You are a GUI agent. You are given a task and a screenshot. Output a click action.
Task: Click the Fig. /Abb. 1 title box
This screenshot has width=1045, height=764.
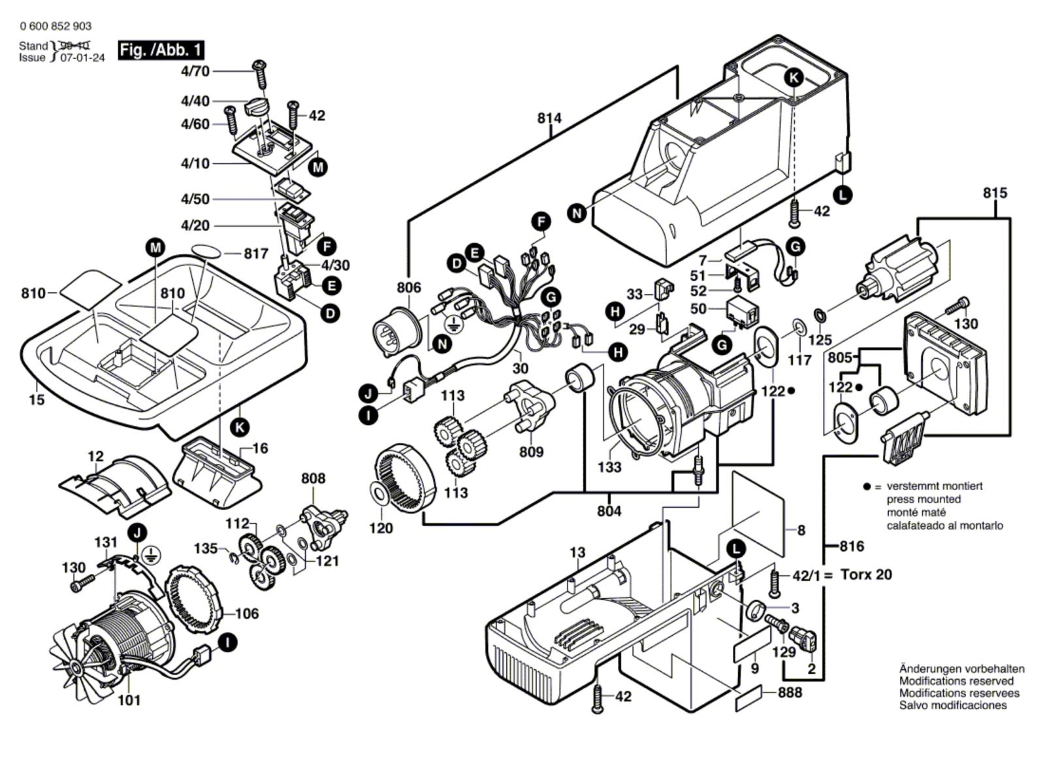pyautogui.click(x=161, y=50)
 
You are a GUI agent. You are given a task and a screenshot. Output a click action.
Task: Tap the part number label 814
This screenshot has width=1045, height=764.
pyautogui.click(x=549, y=118)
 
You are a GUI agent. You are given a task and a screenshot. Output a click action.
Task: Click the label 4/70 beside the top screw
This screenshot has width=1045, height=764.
pyautogui.click(x=195, y=71)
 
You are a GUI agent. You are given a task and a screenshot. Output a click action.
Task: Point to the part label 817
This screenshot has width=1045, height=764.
pyautogui.click(x=256, y=254)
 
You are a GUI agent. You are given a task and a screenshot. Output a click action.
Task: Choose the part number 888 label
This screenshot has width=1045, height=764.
pyautogui.click(x=790, y=692)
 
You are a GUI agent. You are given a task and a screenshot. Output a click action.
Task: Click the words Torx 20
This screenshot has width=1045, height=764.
pyautogui.click(x=866, y=574)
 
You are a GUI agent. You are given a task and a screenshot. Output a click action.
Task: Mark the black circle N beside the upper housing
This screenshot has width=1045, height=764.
pyautogui.click(x=577, y=213)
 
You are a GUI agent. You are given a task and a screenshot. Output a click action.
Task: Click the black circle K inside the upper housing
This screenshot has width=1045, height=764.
pyautogui.click(x=794, y=78)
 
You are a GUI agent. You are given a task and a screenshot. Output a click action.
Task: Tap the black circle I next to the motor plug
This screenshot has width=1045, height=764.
pyautogui.click(x=228, y=643)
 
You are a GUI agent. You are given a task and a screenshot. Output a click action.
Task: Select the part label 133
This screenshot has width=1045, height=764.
pyautogui.click(x=609, y=467)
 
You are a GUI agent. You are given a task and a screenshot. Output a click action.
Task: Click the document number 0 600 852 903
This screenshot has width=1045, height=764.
pyautogui.click(x=56, y=26)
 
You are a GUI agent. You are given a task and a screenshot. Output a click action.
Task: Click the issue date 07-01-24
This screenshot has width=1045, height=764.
pyautogui.click(x=82, y=58)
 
